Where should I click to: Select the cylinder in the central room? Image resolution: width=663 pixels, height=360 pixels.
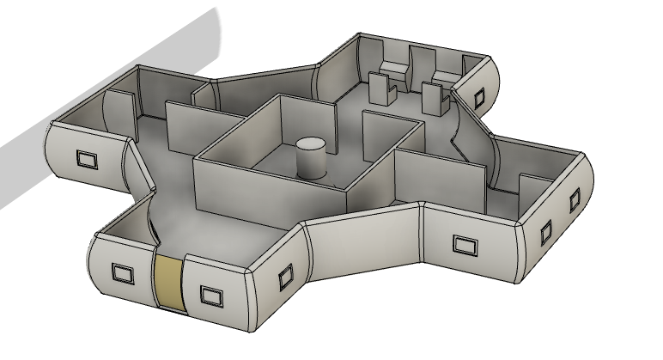[x=309, y=161]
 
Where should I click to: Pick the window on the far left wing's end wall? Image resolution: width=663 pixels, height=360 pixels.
[x=87, y=159]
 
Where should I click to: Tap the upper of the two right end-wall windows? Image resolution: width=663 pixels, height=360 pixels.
[x=574, y=202]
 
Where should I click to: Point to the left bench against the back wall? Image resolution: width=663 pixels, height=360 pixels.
[x=394, y=69]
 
